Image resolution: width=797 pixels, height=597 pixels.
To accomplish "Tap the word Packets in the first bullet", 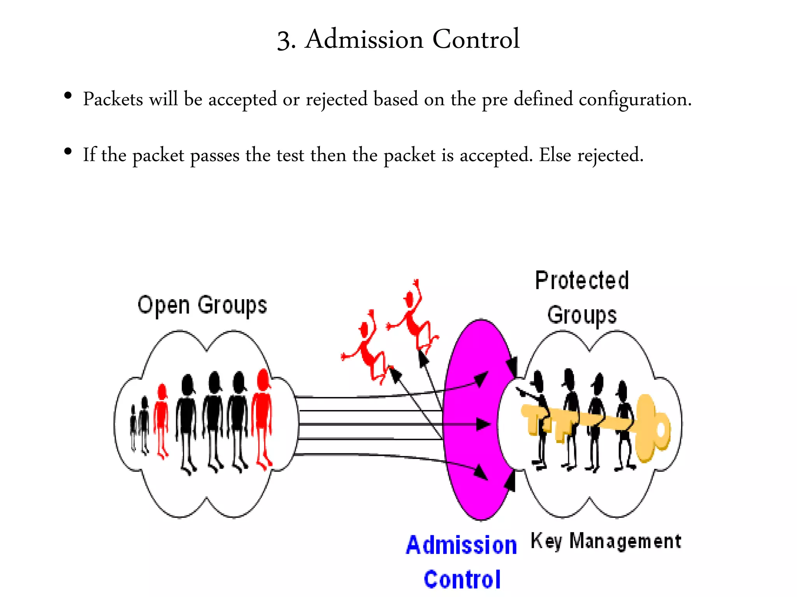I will [113, 99].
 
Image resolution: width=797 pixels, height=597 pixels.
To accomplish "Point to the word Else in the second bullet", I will [555, 155].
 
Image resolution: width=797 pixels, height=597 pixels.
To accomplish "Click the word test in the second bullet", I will [290, 155].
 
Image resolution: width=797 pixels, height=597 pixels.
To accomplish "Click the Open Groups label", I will [202, 305].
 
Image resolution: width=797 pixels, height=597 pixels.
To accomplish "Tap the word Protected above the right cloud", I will [582, 281].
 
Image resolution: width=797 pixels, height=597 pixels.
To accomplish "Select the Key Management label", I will [606, 541].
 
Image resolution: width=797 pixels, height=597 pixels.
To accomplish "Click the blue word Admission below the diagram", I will [461, 545].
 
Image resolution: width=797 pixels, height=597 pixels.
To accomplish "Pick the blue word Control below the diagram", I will [462, 580].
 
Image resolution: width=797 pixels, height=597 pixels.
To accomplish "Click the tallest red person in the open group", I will [262, 416].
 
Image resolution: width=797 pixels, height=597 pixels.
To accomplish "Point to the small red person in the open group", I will [161, 420].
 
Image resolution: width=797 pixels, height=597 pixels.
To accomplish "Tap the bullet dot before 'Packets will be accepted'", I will [68, 96].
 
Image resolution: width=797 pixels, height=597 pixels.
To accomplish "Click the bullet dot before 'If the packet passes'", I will [68, 152].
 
